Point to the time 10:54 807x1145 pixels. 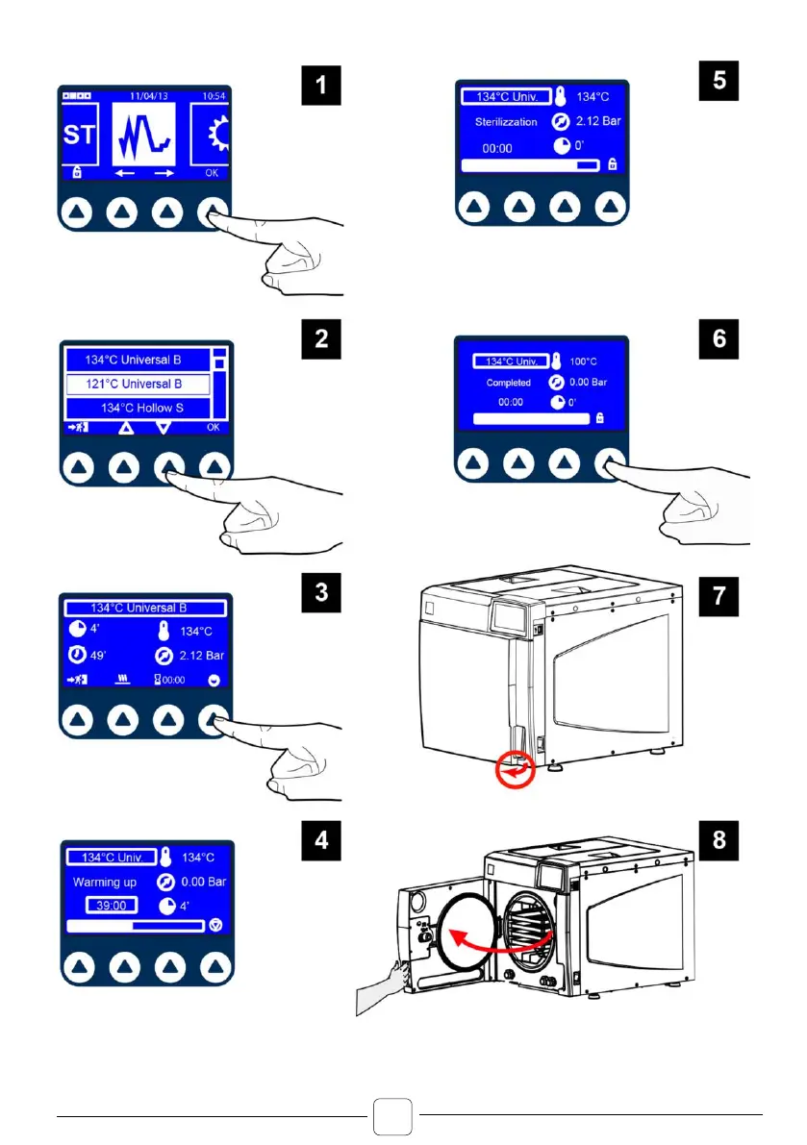pyautogui.click(x=216, y=96)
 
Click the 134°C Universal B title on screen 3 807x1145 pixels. pyautogui.click(x=139, y=608)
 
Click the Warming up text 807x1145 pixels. pyautogui.click(x=105, y=882)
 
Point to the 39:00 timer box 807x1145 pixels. pyautogui.click(x=110, y=905)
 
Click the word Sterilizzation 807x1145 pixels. pyautogui.click(x=506, y=122)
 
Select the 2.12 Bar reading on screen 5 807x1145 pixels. pyautogui.click(x=598, y=122)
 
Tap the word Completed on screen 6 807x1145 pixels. pyautogui.click(x=509, y=382)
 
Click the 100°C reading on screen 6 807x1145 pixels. pyautogui.click(x=582, y=361)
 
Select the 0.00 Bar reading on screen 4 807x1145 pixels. pyautogui.click(x=204, y=882)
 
